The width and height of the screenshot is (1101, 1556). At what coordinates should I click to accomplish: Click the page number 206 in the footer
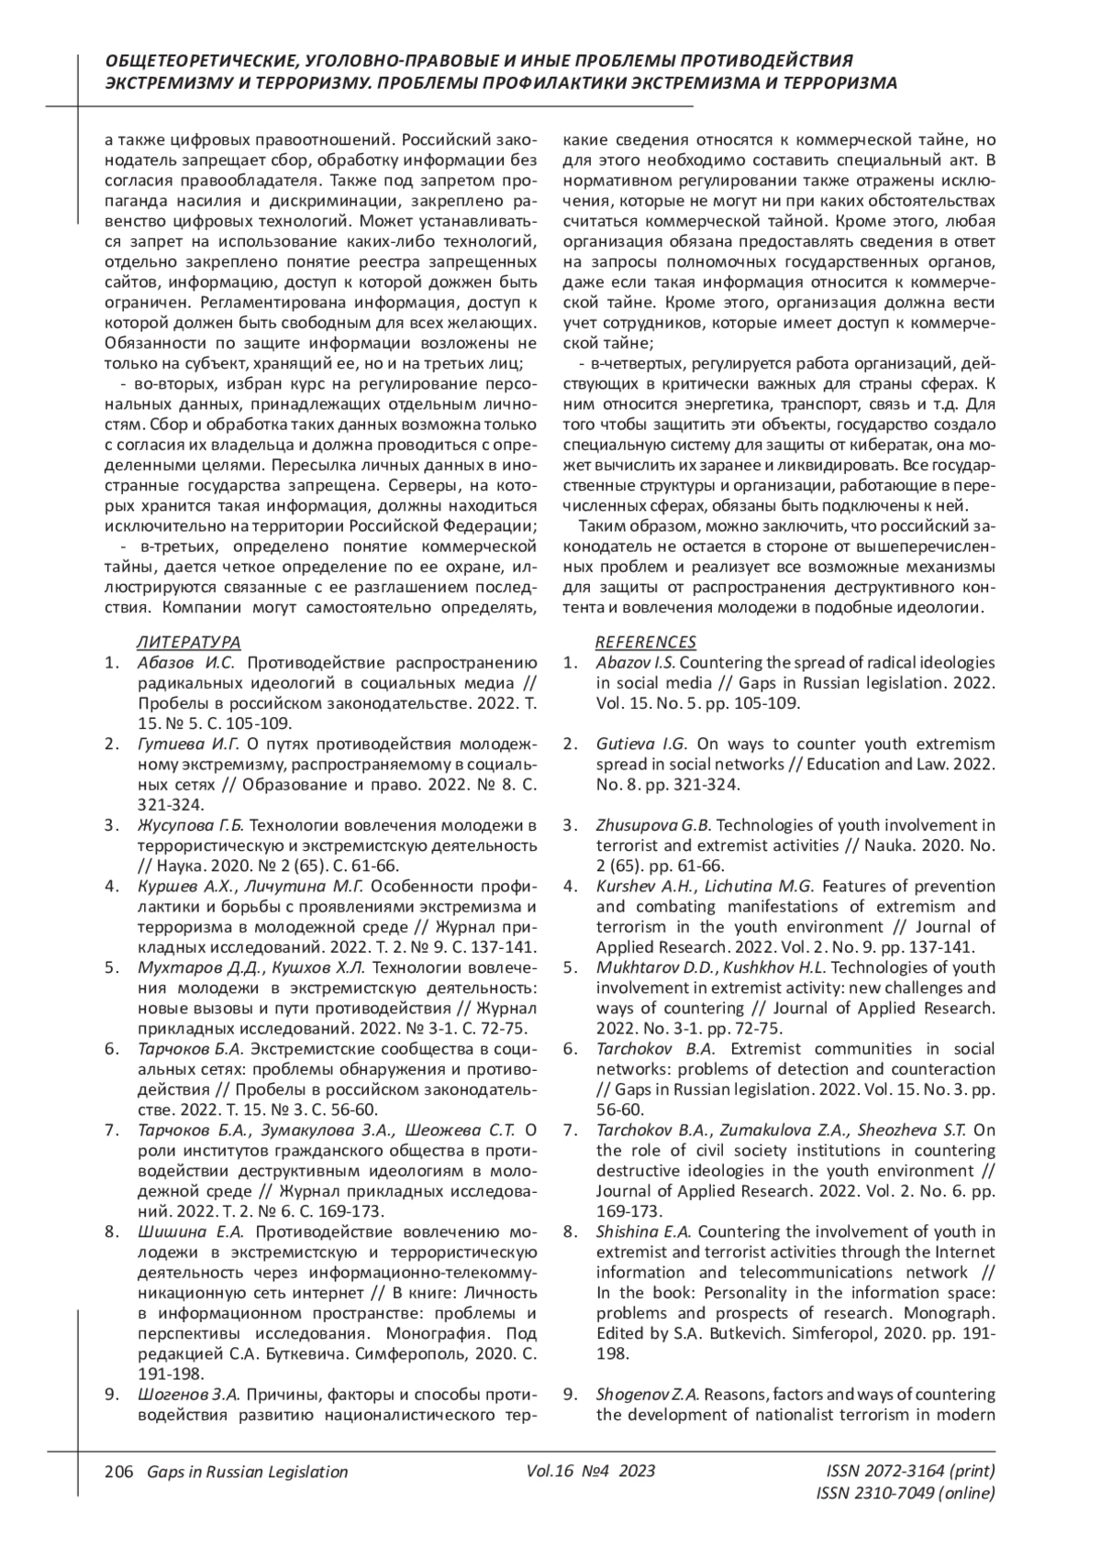pyautogui.click(x=118, y=1473)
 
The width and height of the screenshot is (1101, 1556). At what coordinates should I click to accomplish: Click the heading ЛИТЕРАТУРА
pyautogui.click(x=188, y=642)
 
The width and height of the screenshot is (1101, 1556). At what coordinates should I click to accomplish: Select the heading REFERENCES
pyautogui.click(x=646, y=642)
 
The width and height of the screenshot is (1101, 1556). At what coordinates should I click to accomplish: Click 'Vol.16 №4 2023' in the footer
pyautogui.click(x=591, y=1473)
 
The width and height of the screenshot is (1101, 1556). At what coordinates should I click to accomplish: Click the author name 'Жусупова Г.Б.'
pyautogui.click(x=193, y=825)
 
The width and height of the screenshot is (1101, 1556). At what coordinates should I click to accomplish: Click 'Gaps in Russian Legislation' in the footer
pyautogui.click(x=241, y=1473)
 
